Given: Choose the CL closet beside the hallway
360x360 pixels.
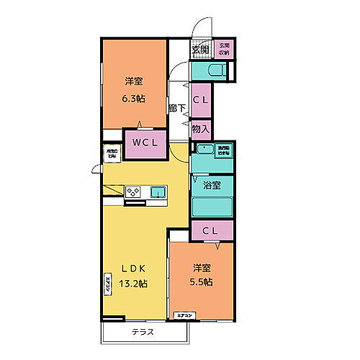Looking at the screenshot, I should (201, 102).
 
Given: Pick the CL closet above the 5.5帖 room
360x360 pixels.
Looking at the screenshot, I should (212, 230).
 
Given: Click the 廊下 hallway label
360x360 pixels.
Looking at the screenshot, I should (177, 108).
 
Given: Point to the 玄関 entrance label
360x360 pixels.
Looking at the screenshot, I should (199, 50).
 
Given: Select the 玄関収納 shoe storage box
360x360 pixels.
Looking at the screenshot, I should (224, 50).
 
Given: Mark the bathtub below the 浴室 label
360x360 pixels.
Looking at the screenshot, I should (212, 204).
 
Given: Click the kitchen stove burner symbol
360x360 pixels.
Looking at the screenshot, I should (134, 191).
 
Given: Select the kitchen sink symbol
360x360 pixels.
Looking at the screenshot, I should (158, 192).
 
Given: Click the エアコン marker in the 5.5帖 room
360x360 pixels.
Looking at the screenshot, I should (185, 315).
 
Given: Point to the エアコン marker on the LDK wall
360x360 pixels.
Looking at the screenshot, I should (107, 286).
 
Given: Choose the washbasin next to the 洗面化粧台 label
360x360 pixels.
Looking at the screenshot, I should (205, 150).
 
